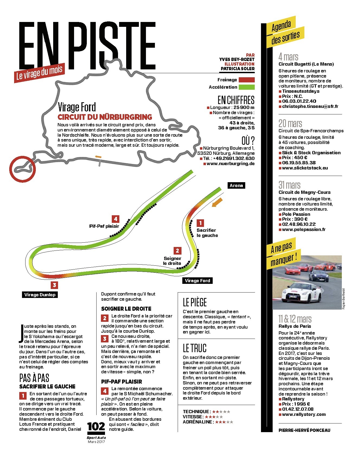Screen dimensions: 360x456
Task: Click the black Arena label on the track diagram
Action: click(x=236, y=185)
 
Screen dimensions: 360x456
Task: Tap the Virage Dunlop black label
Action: click(x=40, y=295)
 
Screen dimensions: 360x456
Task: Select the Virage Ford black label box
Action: click(x=197, y=281)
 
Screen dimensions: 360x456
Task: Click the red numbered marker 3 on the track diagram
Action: click(x=54, y=285)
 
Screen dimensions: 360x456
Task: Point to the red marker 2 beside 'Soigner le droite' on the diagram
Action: click(x=177, y=251)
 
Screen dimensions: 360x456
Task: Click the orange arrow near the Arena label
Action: click(x=217, y=202)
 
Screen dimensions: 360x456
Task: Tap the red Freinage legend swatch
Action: click(x=246, y=80)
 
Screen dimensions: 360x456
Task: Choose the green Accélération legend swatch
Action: click(x=246, y=87)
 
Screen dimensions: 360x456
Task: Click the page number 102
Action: click(x=96, y=426)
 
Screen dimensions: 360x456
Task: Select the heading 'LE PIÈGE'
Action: click(x=195, y=302)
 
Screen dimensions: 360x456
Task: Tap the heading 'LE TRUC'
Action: click(x=195, y=348)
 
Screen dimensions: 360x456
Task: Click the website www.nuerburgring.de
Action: click(x=231, y=163)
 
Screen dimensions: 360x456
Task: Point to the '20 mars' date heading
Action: click(x=290, y=123)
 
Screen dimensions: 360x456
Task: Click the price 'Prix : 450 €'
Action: click(x=295, y=158)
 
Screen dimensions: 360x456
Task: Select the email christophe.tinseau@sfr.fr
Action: click(x=310, y=106)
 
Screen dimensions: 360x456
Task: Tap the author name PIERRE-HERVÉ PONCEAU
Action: click(x=304, y=430)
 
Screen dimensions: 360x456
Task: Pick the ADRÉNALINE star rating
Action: click(x=224, y=422)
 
